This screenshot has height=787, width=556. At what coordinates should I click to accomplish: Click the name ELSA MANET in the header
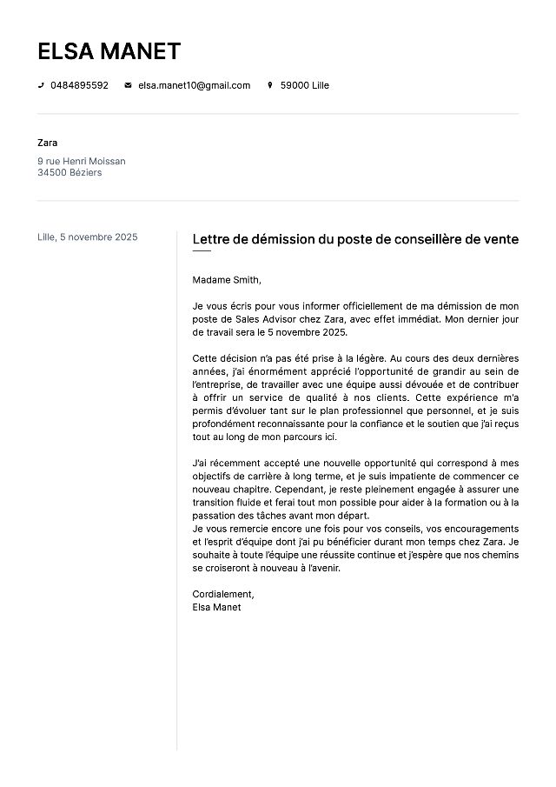coord(109,51)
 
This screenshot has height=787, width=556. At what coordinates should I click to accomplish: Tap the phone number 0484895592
coord(79,85)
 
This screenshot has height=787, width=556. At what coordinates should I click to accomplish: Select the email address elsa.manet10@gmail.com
coord(194,85)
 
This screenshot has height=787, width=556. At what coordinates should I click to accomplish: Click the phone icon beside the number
coord(41,85)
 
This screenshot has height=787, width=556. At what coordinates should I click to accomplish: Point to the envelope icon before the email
coord(129,85)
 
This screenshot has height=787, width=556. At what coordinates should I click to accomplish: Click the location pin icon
coord(270,85)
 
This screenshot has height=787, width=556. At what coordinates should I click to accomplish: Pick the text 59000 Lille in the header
coord(304,85)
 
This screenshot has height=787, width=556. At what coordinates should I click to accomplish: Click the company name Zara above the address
coord(48,143)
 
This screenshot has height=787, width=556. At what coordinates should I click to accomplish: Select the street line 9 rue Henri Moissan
coord(82,161)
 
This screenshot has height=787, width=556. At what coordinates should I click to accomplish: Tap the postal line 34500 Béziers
coord(69,172)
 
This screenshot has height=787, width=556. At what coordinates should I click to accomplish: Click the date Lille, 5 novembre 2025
coord(88,237)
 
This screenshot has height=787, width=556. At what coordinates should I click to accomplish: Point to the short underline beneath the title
coord(202,251)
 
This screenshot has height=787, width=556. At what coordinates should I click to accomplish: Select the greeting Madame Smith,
coord(227,280)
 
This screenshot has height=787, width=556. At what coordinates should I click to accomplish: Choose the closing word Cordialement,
coord(223,594)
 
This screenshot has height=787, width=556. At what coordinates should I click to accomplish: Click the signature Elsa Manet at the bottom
coord(216,607)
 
